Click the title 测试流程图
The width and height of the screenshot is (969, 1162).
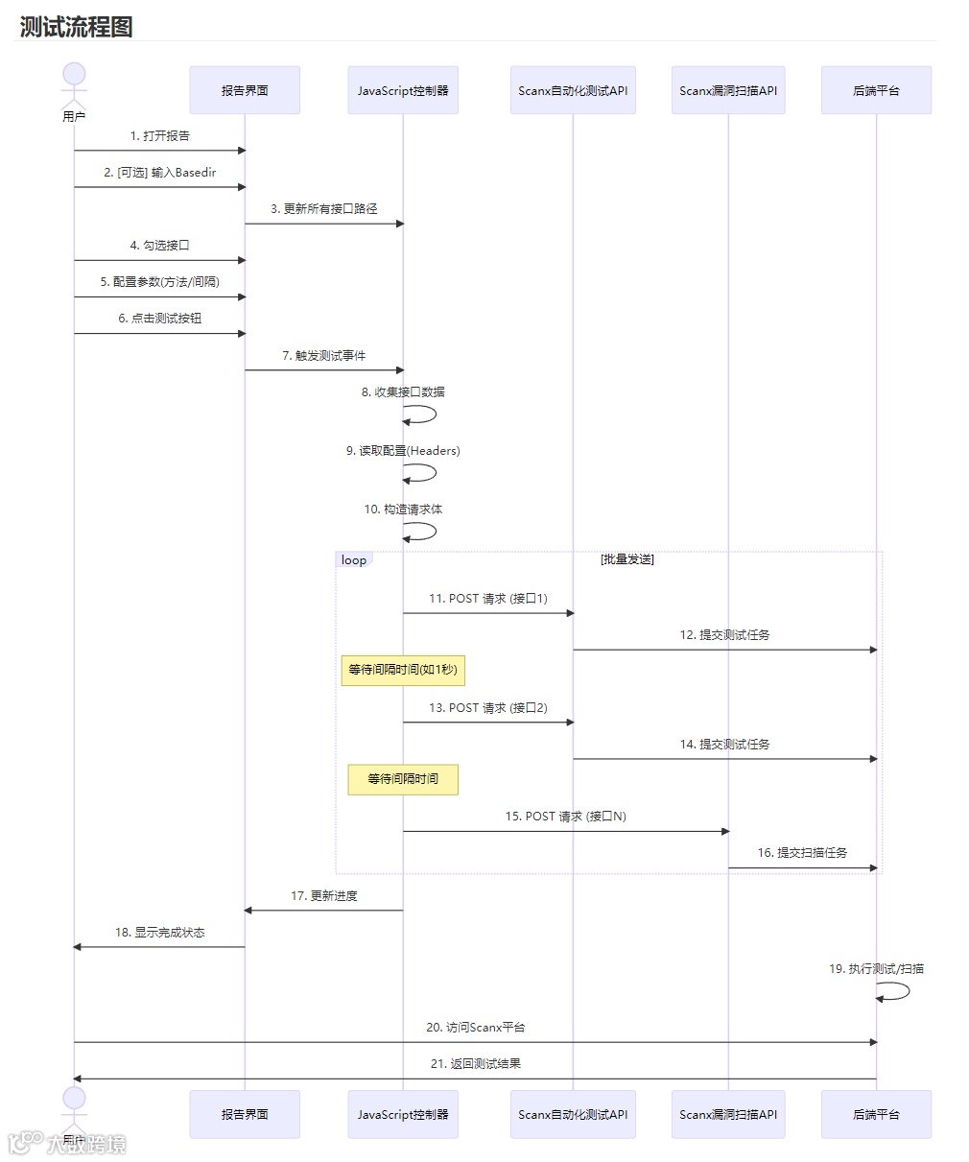(x=76, y=27)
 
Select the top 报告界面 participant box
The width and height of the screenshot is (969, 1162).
(x=245, y=90)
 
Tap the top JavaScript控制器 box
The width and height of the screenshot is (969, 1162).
(x=403, y=90)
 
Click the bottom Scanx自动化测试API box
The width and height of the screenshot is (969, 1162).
(x=573, y=1114)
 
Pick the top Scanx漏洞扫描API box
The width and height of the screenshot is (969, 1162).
(x=728, y=90)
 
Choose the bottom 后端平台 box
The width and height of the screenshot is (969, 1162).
(x=876, y=1114)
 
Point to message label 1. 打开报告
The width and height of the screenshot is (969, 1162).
(x=160, y=136)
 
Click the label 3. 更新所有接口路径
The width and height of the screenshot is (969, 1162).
(x=323, y=208)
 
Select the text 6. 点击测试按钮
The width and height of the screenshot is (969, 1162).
(x=160, y=319)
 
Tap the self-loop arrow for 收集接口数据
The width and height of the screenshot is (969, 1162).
(x=422, y=415)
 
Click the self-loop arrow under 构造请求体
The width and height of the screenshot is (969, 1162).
(x=422, y=532)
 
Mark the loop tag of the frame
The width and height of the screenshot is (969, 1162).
(x=353, y=560)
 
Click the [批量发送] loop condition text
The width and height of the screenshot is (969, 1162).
(x=627, y=559)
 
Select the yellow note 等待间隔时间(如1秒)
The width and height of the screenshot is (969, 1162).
(x=403, y=670)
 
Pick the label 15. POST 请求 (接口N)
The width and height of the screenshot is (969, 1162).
(x=565, y=817)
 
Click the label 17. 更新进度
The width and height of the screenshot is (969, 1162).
(x=323, y=896)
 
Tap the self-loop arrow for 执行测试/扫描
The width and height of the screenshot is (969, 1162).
(x=896, y=991)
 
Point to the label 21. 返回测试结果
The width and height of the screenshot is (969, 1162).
(x=475, y=1064)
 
